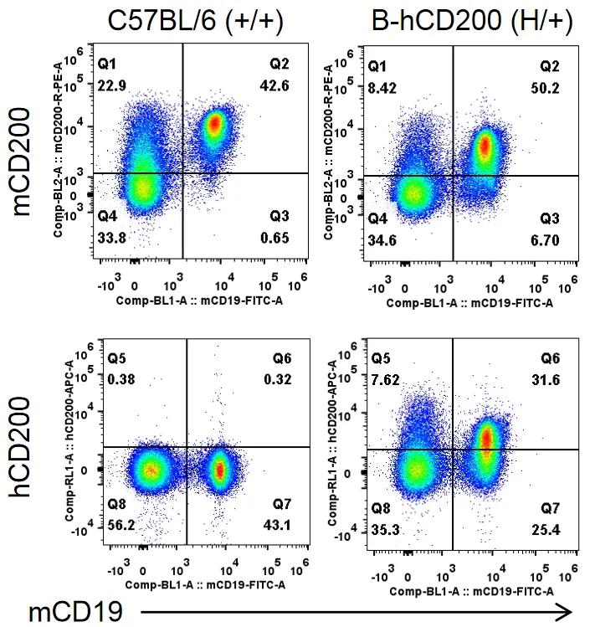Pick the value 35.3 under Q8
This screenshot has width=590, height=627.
[386, 529]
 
